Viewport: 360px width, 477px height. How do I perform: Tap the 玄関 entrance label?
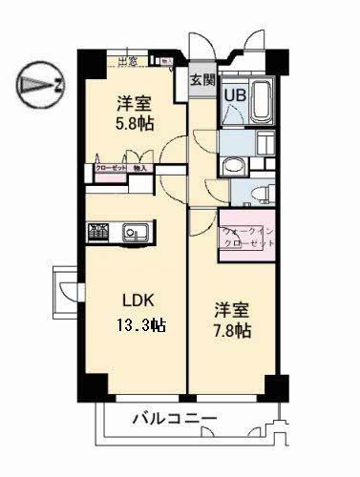click(200, 80)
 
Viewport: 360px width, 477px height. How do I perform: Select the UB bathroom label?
click(234, 94)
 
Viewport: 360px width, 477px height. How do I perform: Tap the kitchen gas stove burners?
click(99, 232)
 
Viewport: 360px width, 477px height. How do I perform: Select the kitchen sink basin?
click(135, 232)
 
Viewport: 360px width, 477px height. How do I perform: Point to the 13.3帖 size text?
click(138, 324)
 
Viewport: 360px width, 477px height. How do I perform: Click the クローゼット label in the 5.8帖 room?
click(111, 168)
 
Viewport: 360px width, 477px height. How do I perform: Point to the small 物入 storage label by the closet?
click(139, 168)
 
